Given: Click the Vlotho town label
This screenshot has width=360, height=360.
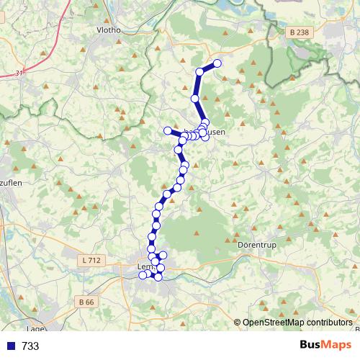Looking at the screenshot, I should click(109, 30).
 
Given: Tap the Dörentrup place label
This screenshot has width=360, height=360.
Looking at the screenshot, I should click(256, 245).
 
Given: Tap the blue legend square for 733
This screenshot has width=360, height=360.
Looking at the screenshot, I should click(10, 346).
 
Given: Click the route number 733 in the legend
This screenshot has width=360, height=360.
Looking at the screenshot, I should click(30, 346).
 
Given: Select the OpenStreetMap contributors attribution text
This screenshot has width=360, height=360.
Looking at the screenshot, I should click(297, 322).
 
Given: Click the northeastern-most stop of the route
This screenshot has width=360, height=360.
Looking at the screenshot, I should click(217, 63).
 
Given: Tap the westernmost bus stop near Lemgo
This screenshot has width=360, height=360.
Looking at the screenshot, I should click(143, 275).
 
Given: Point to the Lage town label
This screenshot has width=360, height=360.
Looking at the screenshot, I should click(36, 328).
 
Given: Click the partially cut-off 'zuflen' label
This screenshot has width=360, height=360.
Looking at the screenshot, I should click(11, 183).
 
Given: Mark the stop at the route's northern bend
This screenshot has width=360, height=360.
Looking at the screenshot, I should click(199, 71).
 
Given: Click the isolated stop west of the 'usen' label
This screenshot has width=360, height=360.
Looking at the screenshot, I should click(168, 130).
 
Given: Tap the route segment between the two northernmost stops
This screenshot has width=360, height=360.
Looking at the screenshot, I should click(208, 67).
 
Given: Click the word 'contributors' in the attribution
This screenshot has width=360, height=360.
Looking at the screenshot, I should click(328, 322).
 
